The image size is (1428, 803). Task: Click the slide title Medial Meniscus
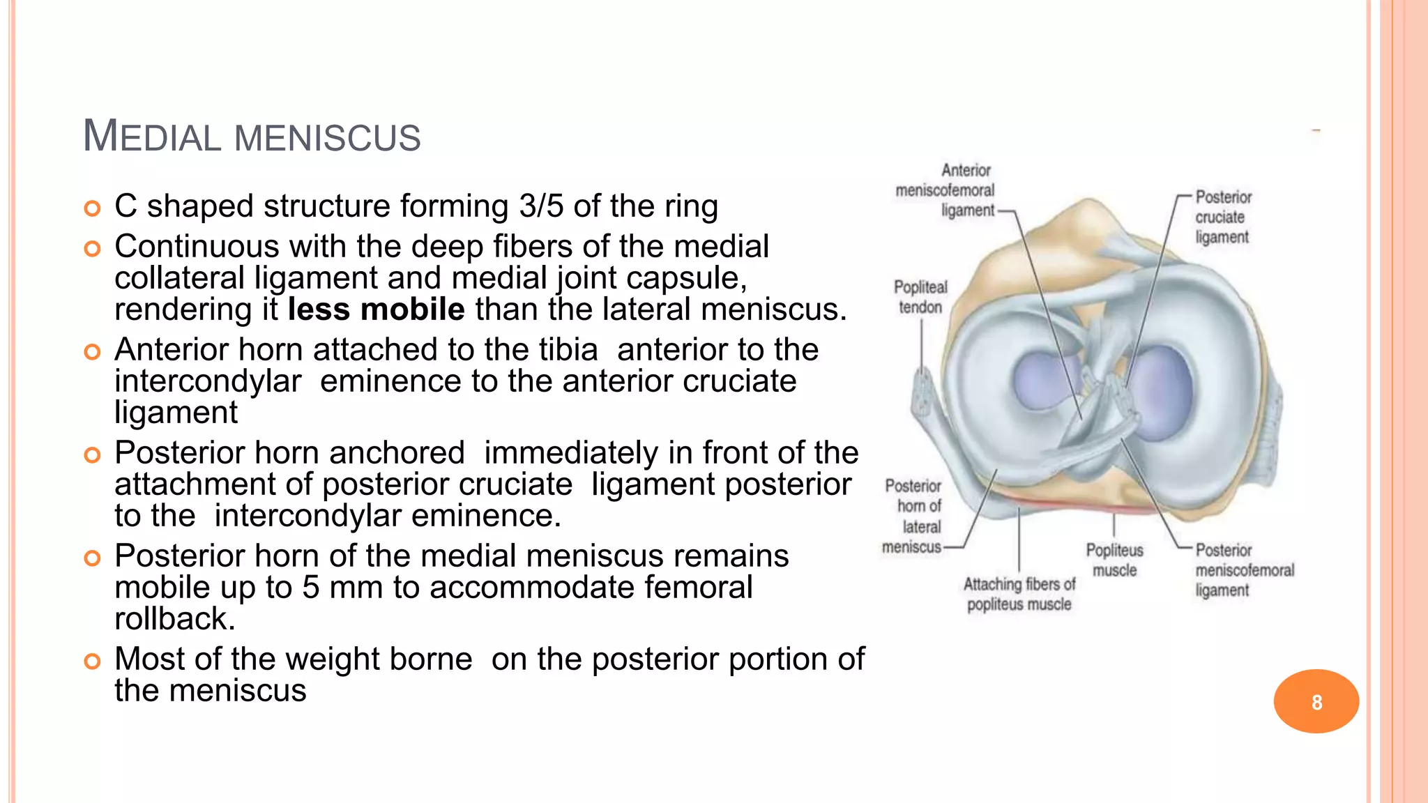252,135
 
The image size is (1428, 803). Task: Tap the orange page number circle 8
1316,701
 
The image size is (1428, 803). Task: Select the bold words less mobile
376,309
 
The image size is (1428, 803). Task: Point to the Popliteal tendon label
920,297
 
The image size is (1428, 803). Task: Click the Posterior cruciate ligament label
1223,217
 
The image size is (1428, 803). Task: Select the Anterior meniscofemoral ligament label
946,190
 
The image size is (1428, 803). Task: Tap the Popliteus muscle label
1114,560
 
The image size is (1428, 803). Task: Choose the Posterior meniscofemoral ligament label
1244,570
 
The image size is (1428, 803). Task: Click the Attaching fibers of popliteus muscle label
1019,594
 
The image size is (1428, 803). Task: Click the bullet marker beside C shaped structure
92,208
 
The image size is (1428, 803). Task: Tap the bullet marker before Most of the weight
92,661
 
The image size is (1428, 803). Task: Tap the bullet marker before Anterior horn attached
92,351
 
